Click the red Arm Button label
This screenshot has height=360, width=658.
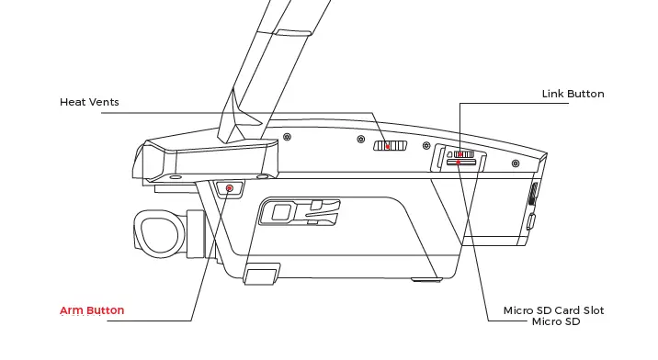92,310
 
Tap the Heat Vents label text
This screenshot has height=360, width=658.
89,102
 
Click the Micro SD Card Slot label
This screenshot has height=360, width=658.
553,310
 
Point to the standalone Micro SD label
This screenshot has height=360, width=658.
555,321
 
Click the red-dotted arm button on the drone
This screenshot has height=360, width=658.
229,189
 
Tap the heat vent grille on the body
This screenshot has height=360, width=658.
390,145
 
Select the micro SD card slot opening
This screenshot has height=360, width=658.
461,163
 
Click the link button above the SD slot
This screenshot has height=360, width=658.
461,154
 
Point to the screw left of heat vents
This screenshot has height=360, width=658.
359,141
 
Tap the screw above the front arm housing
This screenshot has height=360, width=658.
288,136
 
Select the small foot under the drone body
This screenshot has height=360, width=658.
425,278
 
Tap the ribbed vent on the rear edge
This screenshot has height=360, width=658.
533,195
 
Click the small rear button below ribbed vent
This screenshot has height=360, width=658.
531,220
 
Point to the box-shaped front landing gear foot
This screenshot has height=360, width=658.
261,274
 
